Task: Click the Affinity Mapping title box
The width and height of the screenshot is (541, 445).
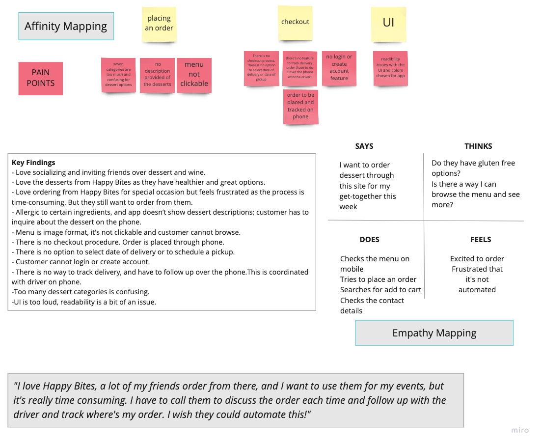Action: (66, 26)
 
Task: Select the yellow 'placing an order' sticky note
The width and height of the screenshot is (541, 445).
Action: (159, 23)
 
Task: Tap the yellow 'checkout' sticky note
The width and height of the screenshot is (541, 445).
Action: (295, 22)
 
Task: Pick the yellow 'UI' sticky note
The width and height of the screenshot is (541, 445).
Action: (388, 23)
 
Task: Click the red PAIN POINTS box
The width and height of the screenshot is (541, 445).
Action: (41, 78)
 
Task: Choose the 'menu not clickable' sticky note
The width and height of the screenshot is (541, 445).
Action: (194, 74)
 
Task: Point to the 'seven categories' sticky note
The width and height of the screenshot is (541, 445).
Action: (118, 75)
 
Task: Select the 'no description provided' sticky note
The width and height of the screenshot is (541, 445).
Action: (157, 75)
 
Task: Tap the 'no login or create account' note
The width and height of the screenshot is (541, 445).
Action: (339, 68)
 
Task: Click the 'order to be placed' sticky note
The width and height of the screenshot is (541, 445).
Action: (300, 106)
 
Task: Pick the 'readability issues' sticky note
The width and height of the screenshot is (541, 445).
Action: (390, 68)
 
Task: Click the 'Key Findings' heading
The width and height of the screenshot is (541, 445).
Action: (33, 163)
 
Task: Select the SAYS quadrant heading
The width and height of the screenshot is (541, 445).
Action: (364, 146)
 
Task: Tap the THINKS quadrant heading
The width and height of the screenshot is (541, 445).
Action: (478, 146)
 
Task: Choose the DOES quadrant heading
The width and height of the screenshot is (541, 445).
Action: (369, 239)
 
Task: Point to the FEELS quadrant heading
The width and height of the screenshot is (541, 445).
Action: (481, 239)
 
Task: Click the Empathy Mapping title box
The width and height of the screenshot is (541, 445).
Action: (434, 333)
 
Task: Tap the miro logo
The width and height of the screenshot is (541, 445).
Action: (520, 430)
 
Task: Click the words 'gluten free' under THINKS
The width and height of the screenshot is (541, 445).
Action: (495, 163)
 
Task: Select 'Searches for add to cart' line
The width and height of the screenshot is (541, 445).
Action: (380, 290)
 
